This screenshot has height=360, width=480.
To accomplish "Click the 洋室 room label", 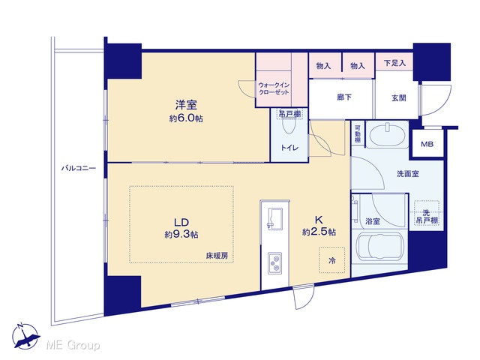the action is coord(186,105).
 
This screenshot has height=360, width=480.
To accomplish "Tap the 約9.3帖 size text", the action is coord(181,235).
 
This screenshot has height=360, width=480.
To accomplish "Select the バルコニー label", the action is coord(79,168).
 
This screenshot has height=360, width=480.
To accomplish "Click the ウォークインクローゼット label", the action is coord(274,88).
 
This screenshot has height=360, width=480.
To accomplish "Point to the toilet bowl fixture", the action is coord(289,124).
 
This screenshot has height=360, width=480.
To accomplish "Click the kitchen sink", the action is coord(275,218).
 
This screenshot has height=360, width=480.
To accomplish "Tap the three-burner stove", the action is coord(275,263).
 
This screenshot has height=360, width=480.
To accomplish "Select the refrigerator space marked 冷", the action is coord(331,260).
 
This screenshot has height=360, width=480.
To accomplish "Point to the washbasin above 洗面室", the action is coord(388,135).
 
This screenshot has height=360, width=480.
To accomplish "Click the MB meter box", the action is coord(427,144).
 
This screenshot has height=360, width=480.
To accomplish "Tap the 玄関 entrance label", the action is coord(398,98).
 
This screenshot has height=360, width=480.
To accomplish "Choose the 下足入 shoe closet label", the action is coord(394,63).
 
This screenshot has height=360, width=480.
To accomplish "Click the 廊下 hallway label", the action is coord(344,97).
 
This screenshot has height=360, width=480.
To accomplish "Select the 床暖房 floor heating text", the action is coord(217,256).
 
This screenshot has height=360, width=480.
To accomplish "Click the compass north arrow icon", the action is coord(25,337).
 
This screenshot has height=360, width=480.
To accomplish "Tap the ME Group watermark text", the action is coord(73,346).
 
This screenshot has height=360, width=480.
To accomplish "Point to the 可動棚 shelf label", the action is coord(358,134).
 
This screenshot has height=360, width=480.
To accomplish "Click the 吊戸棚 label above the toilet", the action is coord(289,114).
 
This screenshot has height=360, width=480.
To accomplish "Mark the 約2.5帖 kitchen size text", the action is coord(319,232).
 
